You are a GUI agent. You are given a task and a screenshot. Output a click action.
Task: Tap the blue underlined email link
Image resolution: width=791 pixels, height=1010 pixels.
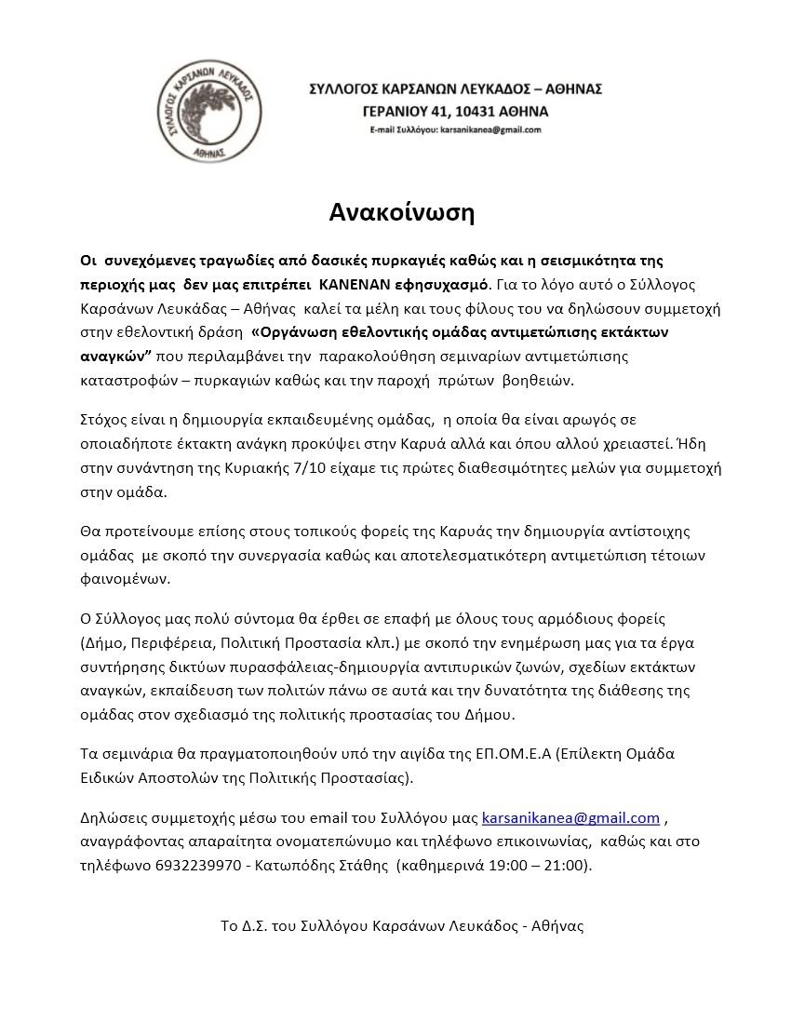pyautogui.click(x=570, y=818)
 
